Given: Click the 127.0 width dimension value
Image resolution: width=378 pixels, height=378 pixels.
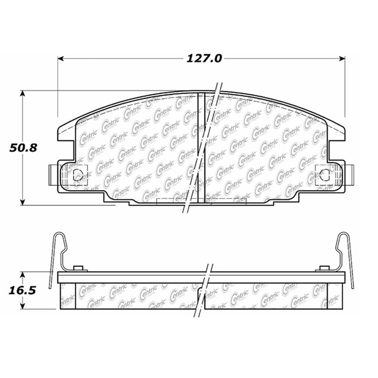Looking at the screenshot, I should point(204,59).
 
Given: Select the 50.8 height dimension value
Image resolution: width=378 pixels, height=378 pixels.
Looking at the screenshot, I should point(23,148).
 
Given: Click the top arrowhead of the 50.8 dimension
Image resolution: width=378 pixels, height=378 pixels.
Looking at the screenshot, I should point(23,93).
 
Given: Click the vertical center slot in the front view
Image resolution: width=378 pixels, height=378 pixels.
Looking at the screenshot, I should point(201,149).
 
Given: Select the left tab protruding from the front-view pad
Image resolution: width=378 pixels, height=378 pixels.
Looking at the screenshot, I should point(53,174).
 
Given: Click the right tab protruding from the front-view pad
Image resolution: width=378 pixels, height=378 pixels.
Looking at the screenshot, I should point(349,174).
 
